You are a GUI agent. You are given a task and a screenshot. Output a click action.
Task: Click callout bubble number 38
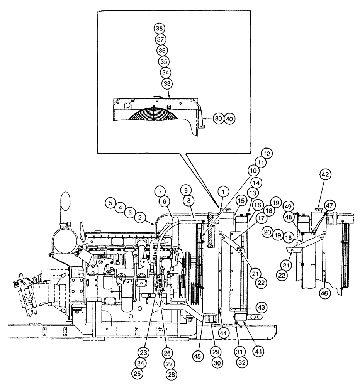(159, 28)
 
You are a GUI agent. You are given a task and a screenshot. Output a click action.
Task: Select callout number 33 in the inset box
(167, 83)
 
